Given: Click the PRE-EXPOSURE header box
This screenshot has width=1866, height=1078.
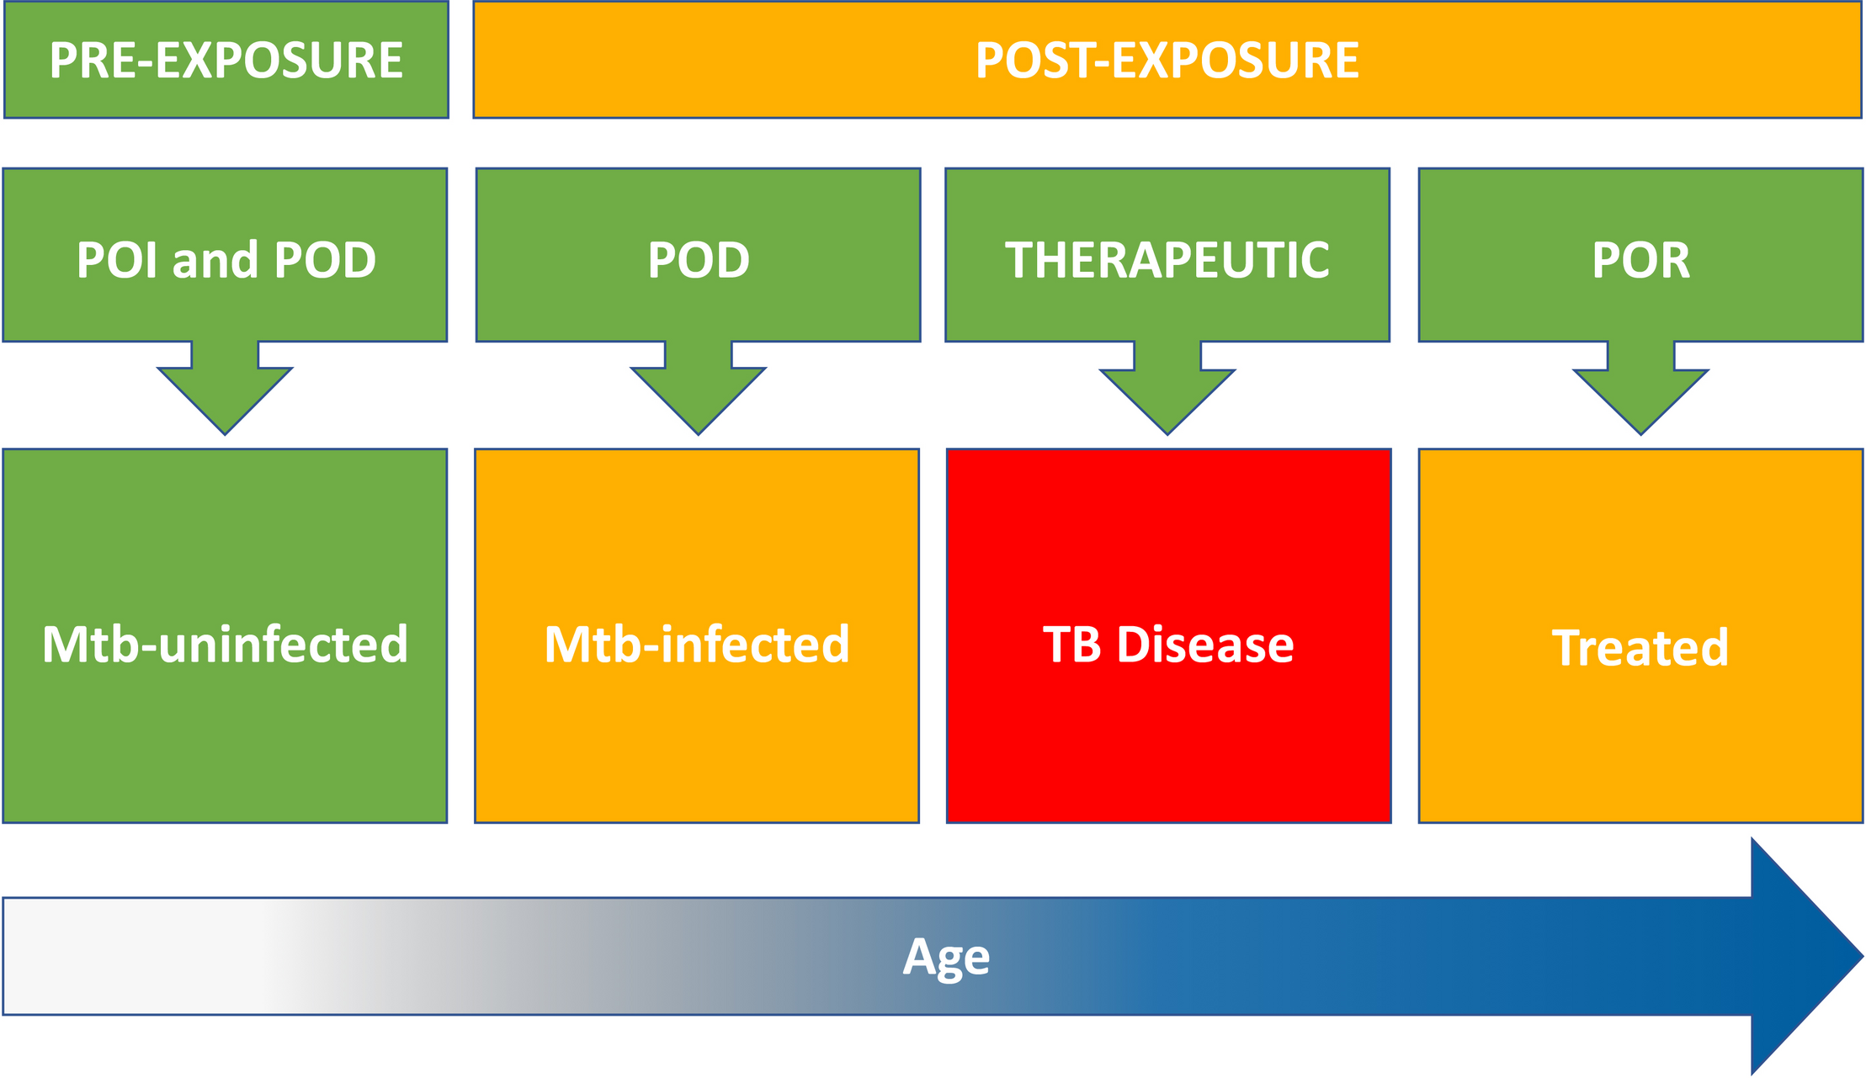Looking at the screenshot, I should coord(226,60).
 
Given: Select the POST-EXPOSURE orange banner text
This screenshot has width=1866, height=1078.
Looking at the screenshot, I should coord(1167,61).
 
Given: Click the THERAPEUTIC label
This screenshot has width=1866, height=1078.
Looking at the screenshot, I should coord(1167,259).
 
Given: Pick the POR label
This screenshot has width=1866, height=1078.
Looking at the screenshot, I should coord(1640,260).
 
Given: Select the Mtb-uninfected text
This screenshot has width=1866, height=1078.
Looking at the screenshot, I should coord(226,645).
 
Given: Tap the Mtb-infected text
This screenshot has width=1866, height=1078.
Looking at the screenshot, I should coord(697,645).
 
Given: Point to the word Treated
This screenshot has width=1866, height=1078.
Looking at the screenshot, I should coord(1640,648).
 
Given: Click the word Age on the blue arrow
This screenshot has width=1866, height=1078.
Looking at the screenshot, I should coord(946,957).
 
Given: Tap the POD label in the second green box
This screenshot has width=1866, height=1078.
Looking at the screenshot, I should coord(698,260).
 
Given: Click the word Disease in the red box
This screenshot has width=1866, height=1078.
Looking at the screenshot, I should coord(1204,645).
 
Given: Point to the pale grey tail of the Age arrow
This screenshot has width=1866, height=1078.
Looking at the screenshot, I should coord(126,956).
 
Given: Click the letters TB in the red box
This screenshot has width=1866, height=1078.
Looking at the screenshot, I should coord(1071,645).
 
